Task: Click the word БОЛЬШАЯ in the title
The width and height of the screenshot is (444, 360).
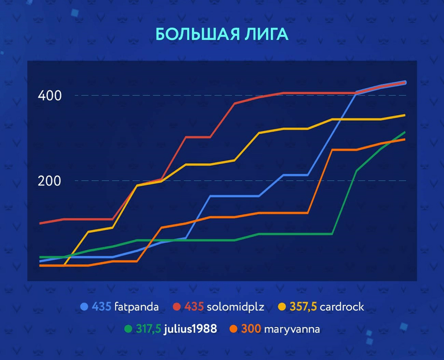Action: point(191,34)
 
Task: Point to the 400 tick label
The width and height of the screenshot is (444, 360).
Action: point(50,96)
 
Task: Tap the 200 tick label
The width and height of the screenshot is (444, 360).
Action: point(50,181)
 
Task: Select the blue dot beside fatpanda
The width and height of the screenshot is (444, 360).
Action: point(84,307)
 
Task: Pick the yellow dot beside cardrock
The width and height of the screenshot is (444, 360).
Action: point(281,307)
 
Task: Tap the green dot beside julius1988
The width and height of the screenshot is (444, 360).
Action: point(128,328)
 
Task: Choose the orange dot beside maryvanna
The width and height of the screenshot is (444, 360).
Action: point(234,328)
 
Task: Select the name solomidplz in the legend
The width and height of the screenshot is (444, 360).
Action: point(236,307)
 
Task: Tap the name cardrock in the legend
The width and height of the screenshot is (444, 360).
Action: point(342,307)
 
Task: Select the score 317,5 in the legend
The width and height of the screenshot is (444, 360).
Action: point(148,328)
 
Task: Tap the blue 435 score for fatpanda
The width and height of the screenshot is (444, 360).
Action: point(101,307)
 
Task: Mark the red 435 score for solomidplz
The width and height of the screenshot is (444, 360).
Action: point(193,307)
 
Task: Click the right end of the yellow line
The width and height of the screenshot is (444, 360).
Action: point(404,115)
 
